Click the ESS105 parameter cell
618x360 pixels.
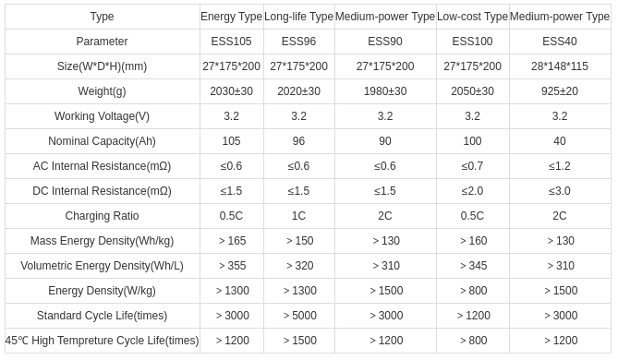click(x=231, y=42)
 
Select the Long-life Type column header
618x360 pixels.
click(x=298, y=17)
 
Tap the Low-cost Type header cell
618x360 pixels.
click(x=472, y=17)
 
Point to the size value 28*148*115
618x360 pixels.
click(x=560, y=66)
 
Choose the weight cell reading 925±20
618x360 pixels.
click(x=560, y=91)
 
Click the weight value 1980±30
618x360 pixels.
click(x=385, y=91)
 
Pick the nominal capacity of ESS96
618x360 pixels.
click(x=298, y=141)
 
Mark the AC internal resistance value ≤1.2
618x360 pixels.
click(x=560, y=166)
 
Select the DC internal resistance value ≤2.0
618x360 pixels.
click(x=472, y=191)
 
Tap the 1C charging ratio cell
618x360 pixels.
click(x=298, y=216)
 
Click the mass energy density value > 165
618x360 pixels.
click(x=231, y=241)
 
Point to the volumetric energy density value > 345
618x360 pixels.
click(x=472, y=266)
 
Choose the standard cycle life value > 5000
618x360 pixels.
click(x=298, y=316)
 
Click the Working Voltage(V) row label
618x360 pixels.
click(x=102, y=116)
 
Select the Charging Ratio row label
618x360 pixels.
click(x=102, y=216)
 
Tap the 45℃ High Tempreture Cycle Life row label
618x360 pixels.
click(x=102, y=341)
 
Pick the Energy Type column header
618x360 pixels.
click(x=231, y=17)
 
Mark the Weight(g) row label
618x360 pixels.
click(x=102, y=91)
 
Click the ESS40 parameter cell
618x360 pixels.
click(x=560, y=42)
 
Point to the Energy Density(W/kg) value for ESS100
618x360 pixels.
click(x=472, y=291)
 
